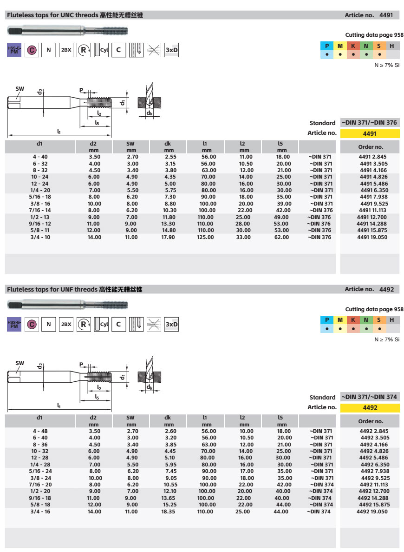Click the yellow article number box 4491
coord(370,134)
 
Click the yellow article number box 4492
coord(370,408)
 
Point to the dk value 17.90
coord(168,237)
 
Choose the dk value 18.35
coord(168,512)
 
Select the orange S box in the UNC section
coord(379,46)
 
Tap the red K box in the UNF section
coord(353,320)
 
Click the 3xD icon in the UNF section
coord(172,324)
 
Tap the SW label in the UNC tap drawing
coord(20,88)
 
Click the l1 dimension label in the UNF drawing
coord(59,406)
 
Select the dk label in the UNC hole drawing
coord(150,113)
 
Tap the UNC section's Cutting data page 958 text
coord(374,35)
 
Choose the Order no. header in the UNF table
coord(370,421)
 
